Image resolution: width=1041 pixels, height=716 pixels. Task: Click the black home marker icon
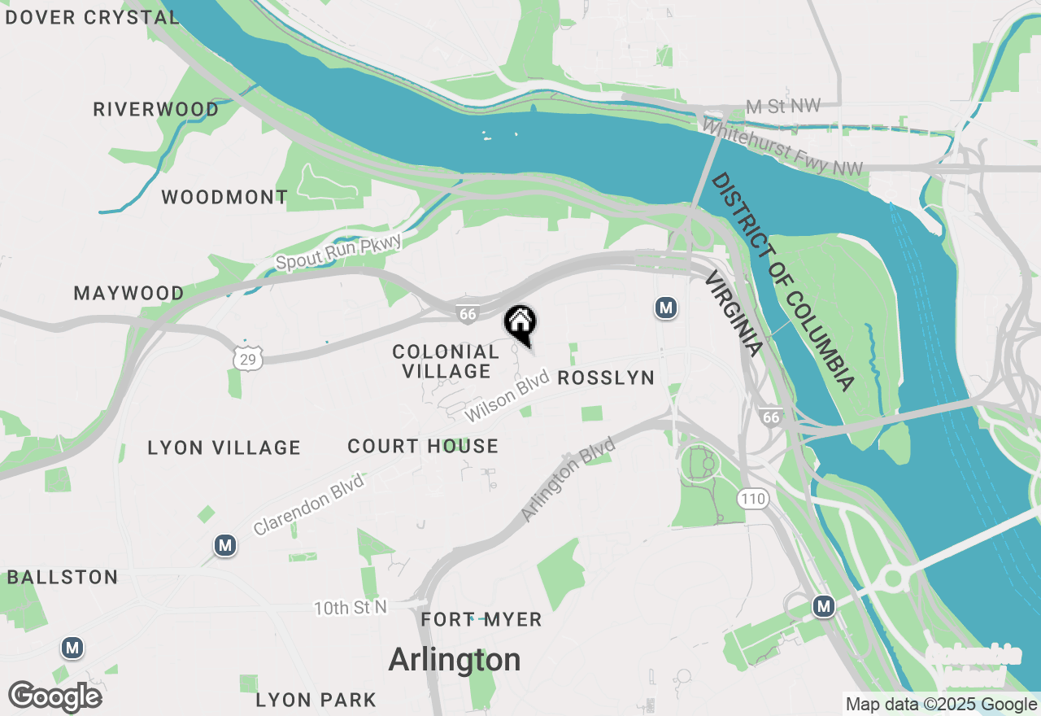pyautogui.click(x=520, y=323)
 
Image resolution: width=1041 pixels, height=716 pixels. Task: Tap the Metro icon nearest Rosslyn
pyautogui.click(x=666, y=308)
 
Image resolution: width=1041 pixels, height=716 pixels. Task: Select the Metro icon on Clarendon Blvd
pyautogui.click(x=225, y=545)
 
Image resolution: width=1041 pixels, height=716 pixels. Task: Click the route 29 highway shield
pyautogui.click(x=246, y=357)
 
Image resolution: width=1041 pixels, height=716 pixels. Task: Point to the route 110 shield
pyautogui.click(x=754, y=498)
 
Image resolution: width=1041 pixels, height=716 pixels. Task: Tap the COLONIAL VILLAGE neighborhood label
pyautogui.click(x=445, y=361)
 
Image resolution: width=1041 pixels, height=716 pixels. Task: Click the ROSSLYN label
pyautogui.click(x=606, y=378)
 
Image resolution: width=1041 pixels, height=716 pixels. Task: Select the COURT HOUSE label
pyautogui.click(x=423, y=446)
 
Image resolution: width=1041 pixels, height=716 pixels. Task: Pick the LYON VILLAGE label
pyautogui.click(x=224, y=447)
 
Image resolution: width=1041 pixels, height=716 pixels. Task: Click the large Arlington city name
pyautogui.click(x=455, y=659)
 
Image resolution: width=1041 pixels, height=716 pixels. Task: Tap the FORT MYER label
pyautogui.click(x=481, y=620)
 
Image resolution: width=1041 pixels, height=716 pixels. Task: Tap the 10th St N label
pyautogui.click(x=351, y=608)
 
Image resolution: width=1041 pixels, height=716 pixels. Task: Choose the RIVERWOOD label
pyautogui.click(x=155, y=109)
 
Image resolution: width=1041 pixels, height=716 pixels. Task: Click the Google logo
pyautogui.click(x=55, y=696)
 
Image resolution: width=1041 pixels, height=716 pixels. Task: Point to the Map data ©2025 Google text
pyautogui.click(x=941, y=705)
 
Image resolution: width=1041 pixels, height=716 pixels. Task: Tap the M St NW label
pyautogui.click(x=783, y=107)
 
